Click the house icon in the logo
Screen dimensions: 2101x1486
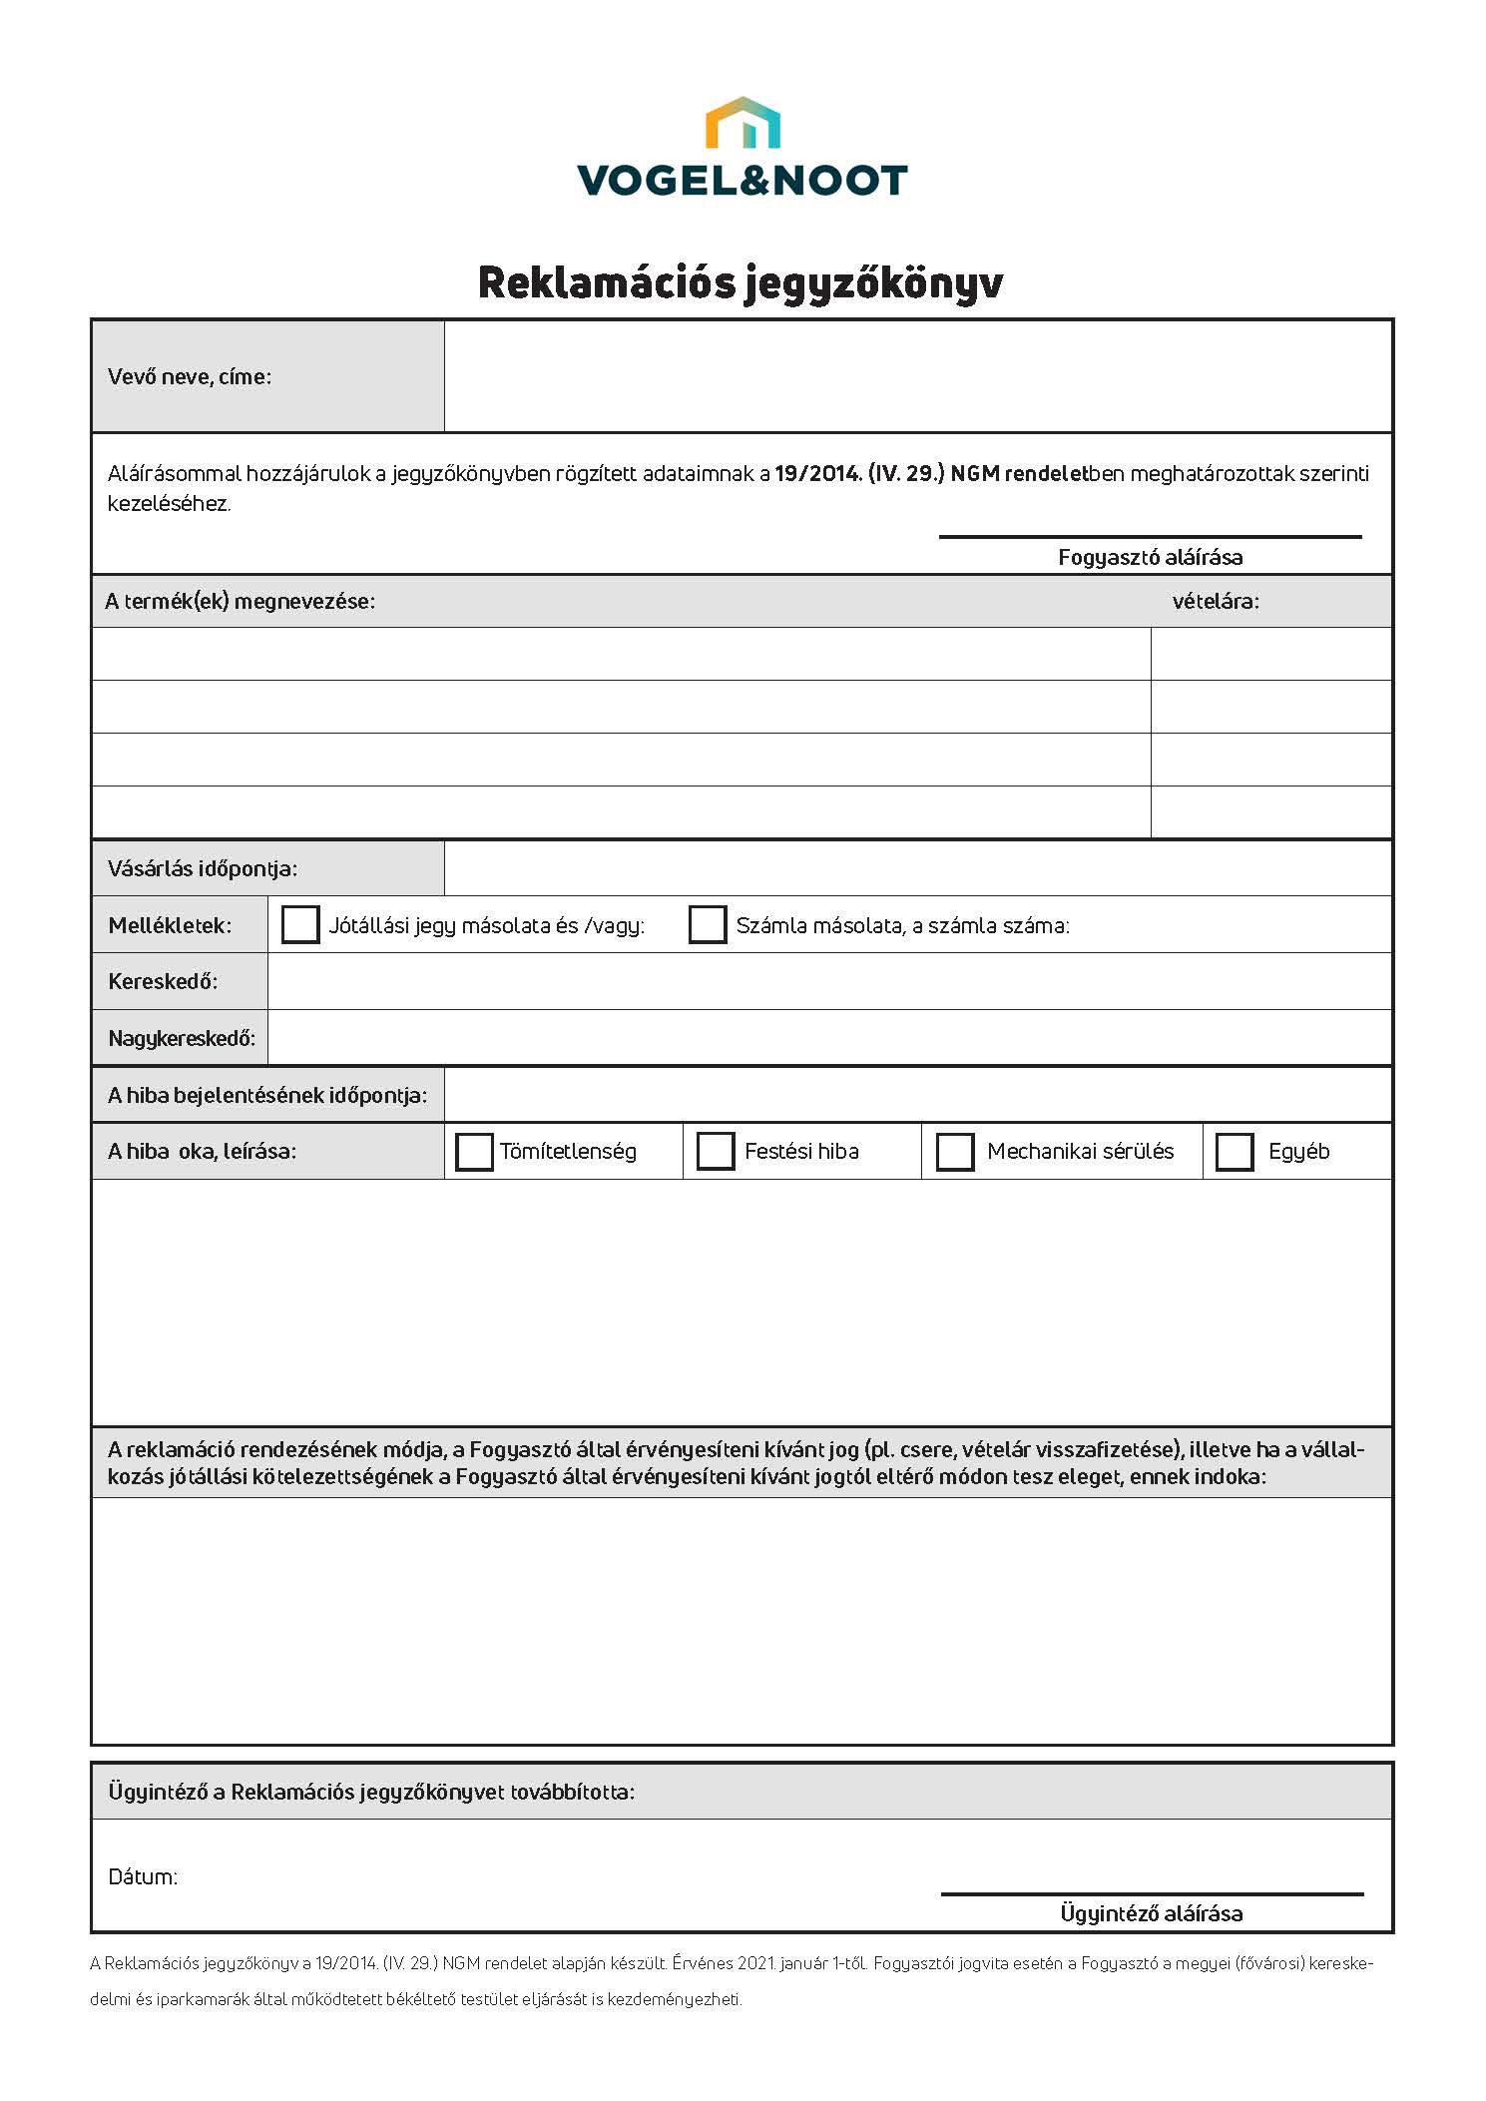(x=743, y=123)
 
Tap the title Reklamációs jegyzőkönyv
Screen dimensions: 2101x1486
(x=741, y=282)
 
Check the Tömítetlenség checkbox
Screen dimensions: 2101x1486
(x=474, y=1151)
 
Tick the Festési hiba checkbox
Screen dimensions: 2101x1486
(x=716, y=1151)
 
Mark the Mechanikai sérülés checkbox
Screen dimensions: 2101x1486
(x=955, y=1151)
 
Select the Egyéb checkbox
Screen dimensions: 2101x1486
(x=1235, y=1151)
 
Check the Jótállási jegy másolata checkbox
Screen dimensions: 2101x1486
(x=300, y=924)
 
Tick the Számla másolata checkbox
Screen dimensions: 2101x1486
(x=708, y=924)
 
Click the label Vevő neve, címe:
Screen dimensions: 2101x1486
(x=190, y=376)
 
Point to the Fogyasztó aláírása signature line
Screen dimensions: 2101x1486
(x=1150, y=537)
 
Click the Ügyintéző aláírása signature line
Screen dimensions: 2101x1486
(x=1152, y=1893)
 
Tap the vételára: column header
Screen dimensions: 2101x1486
(x=1216, y=601)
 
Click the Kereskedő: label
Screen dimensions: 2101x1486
(x=163, y=981)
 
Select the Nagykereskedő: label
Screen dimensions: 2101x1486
(x=182, y=1038)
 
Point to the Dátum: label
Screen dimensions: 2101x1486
(x=143, y=1876)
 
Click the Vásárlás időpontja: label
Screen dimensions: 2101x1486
(x=203, y=868)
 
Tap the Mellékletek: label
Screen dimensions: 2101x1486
(x=170, y=925)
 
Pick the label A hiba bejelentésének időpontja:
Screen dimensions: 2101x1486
(x=267, y=1095)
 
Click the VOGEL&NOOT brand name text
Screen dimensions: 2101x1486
(x=743, y=181)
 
